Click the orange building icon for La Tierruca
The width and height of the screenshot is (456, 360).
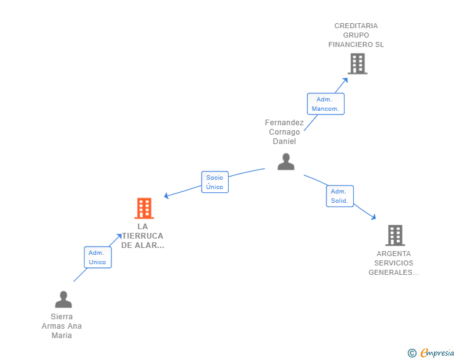144,208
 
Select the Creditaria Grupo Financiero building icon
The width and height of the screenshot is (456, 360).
358,64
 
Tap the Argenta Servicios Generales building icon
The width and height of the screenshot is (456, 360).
395,235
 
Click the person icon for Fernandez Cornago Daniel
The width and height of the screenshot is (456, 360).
286,162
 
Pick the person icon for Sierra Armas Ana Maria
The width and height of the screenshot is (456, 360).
63,299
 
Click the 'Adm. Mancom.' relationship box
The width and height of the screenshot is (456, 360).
326,104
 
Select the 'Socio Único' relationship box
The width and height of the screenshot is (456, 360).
215,182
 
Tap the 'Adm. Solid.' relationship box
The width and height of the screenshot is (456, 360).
339,196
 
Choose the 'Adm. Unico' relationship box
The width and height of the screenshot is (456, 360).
98,257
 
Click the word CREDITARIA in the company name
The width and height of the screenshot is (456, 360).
356,26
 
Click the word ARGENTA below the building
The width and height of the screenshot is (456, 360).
394,254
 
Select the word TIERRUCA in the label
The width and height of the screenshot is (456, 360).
143,236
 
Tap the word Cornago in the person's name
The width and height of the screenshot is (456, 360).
284,132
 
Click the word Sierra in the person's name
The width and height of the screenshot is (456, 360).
61,317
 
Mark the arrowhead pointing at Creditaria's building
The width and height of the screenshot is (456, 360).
345,80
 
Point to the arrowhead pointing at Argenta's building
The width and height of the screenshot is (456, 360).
373,217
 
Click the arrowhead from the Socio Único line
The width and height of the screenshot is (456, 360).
167,196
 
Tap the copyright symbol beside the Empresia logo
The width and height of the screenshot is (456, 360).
412,353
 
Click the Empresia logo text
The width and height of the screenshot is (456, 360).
437,352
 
